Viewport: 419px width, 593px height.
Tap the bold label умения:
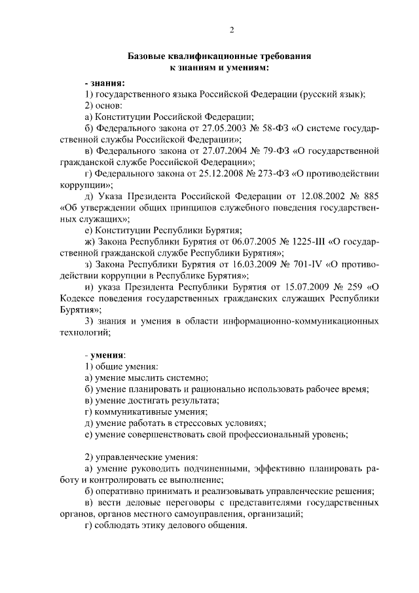[103, 354]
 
